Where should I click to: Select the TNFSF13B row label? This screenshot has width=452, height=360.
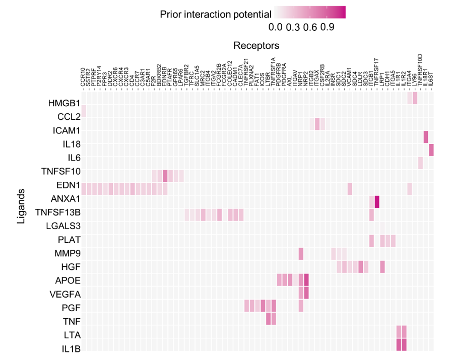tap(58, 212)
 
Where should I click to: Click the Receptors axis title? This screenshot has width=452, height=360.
tap(256, 46)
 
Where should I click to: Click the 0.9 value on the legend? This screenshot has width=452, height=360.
tap(328, 27)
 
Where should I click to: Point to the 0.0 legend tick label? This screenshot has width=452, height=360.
tap(276, 27)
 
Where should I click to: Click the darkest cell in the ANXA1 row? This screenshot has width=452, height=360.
tap(377, 202)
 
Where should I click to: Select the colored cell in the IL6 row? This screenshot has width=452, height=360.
tap(431, 150)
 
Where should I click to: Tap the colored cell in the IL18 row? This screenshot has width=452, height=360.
tap(426, 136)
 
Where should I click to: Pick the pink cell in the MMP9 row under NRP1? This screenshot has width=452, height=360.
tap(301, 253)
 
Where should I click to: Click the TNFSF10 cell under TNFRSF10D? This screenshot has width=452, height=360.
tap(420, 163)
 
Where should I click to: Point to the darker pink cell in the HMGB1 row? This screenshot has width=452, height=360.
tap(415, 98)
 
